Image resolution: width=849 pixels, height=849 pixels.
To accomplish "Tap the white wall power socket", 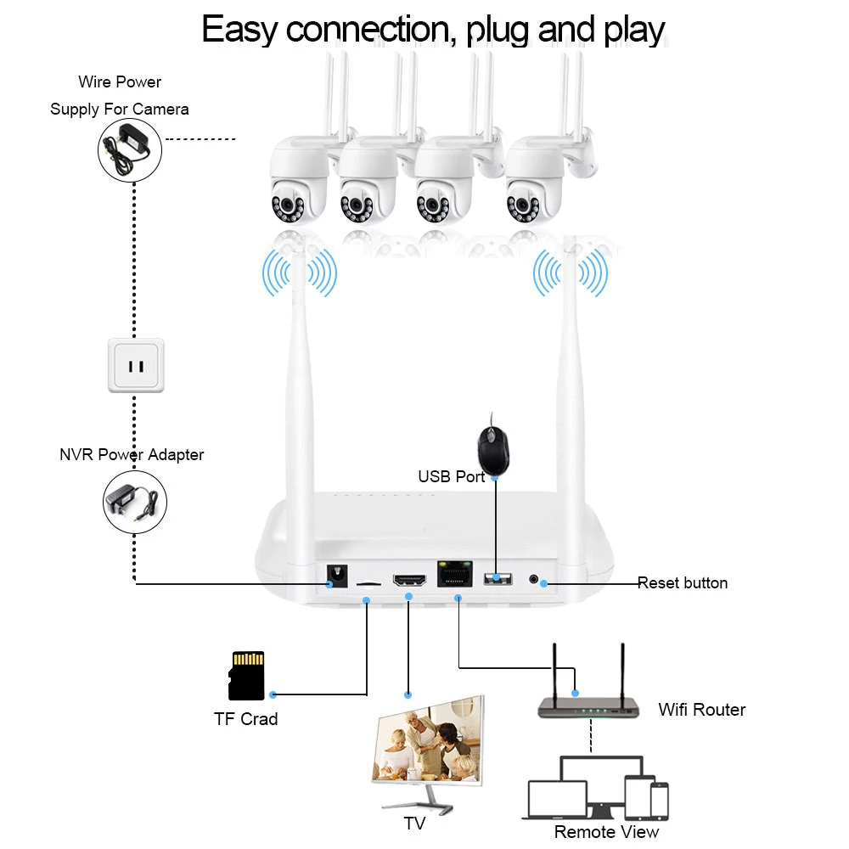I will coord(136,365).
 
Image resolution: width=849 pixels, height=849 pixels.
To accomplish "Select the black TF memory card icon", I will coord(247,676).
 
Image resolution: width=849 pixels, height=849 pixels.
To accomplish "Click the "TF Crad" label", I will coord(245,719).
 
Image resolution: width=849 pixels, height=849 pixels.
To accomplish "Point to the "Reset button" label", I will coord(683,583).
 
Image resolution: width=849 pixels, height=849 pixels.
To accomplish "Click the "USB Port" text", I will coord(451,477).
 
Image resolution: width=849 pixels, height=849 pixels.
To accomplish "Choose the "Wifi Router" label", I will coord(701,710).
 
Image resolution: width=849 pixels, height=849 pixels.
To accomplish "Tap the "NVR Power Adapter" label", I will coord(132,455).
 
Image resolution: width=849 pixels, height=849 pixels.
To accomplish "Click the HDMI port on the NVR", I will coord(409,580).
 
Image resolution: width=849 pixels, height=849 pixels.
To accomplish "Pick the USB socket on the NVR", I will coord(498,579).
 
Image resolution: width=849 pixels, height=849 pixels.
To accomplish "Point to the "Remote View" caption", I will coord(606,831).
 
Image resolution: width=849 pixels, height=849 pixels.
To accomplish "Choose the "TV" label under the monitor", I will coord(414,824).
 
